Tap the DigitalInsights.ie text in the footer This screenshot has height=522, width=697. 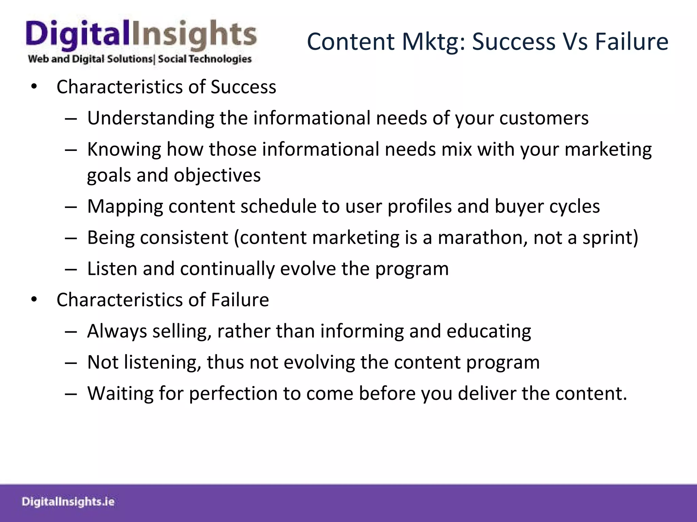pos(68,502)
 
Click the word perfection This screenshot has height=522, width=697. pos(233,394)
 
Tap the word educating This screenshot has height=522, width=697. pos(489,331)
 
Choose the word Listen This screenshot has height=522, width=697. pos(112,268)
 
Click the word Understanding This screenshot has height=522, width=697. pos(150,118)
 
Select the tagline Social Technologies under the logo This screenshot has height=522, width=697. pos(205,59)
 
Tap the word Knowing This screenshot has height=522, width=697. pos(124,150)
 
